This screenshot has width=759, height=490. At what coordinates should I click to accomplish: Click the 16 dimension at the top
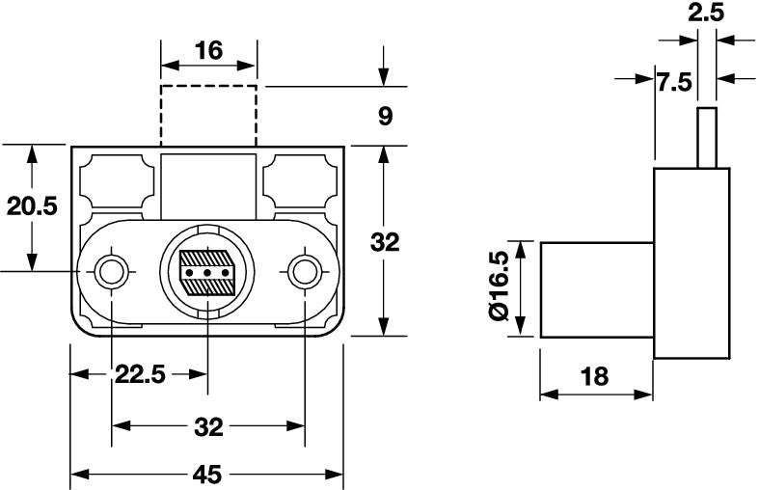pos(207,51)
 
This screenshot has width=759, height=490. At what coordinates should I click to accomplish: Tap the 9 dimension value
pos(385,117)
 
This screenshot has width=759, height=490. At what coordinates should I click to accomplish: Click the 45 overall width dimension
pos(207,474)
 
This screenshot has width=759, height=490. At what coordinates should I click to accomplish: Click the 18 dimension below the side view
pos(595,377)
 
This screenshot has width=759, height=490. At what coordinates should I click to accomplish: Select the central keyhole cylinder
pos(207,271)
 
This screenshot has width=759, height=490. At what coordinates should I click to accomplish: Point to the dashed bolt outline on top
pos(208,115)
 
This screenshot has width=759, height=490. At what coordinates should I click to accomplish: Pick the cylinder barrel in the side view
pos(596,289)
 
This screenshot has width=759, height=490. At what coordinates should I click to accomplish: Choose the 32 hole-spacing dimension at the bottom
pos(208,426)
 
